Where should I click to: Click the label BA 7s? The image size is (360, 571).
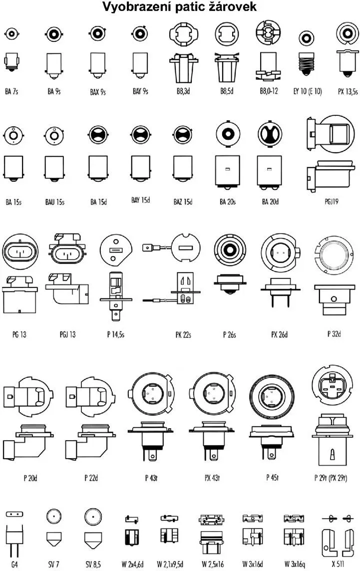(x=11, y=91)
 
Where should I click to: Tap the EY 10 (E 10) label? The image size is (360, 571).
(x=308, y=91)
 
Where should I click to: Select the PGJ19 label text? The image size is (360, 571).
(x=332, y=201)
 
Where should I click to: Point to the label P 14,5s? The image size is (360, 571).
(x=115, y=334)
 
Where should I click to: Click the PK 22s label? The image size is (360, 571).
(x=183, y=334)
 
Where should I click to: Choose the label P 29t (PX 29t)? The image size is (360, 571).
(x=331, y=477)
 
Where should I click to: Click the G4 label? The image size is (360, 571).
(x=14, y=565)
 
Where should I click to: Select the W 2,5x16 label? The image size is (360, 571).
(x=213, y=564)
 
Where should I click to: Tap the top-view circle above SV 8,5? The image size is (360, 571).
(x=93, y=517)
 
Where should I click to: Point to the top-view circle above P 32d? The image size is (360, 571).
(x=334, y=255)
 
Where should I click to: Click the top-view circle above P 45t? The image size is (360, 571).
(x=272, y=397)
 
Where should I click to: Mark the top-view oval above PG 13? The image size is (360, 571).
(x=20, y=252)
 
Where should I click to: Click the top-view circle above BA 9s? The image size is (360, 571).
(x=53, y=34)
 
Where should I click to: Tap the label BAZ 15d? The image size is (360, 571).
(x=183, y=201)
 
